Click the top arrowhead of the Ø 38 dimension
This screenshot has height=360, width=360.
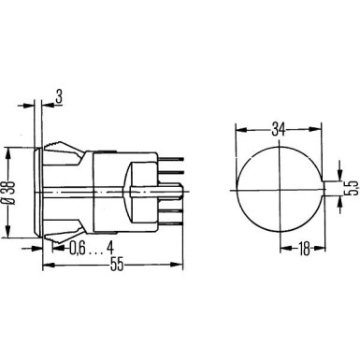tap(11, 148)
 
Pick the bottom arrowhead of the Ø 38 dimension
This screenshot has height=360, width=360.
tap(11, 233)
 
